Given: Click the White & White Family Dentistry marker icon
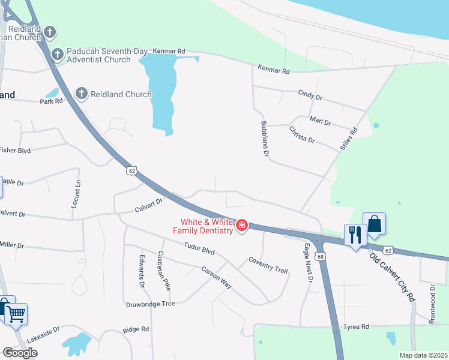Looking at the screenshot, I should click(242, 226).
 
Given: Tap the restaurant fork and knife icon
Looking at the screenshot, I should click(354, 234).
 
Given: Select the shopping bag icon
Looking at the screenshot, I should click(374, 224).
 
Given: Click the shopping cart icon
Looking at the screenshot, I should click(16, 313).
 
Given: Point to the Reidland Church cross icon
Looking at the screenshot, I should click(82, 94).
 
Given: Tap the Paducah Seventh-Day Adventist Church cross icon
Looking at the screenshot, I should click(58, 55).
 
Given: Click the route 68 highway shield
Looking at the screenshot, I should click(322, 257).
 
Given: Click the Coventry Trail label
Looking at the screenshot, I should click(268, 265).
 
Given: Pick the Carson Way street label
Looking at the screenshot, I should click(216, 277).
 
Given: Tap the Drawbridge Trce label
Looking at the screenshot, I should click(150, 304).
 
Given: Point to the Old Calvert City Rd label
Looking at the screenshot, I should click(392, 277).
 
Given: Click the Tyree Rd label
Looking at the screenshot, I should click(355, 326).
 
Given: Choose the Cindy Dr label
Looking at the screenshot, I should click(310, 95).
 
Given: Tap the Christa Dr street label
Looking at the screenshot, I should click(302, 134).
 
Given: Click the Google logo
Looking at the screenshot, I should click(20, 353).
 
